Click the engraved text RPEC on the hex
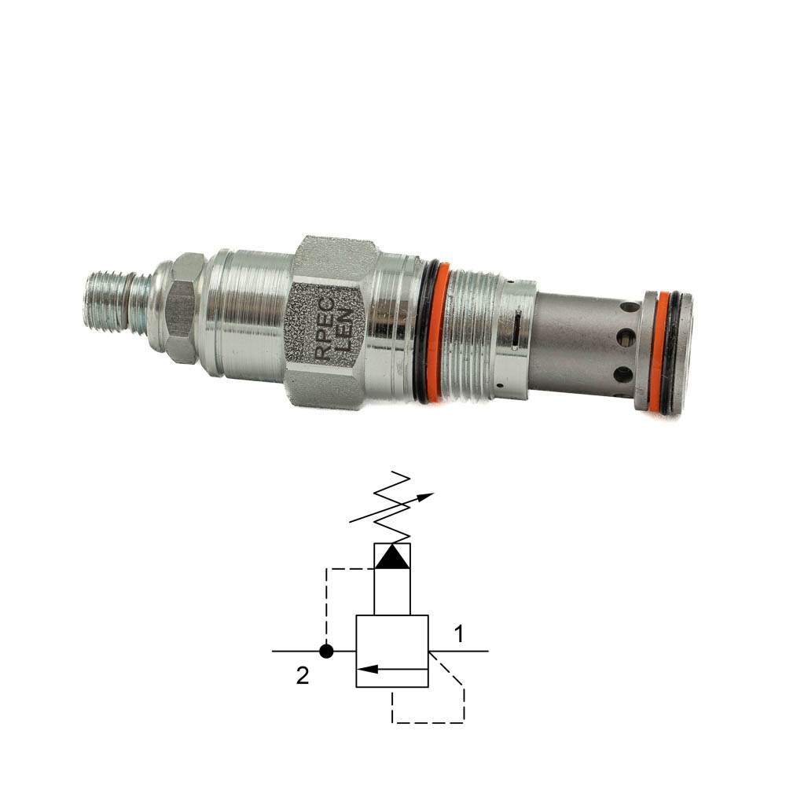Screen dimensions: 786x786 pyautogui.click(x=325, y=329)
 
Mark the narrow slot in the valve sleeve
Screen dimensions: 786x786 pyautogui.click(x=516, y=329)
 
